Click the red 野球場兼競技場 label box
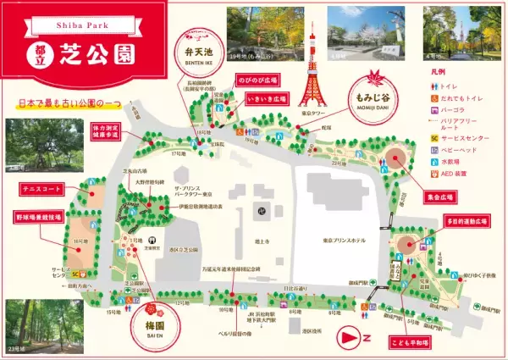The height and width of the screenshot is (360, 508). (x=37, y=217)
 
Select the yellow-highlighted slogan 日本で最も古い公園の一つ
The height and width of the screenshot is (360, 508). (x=69, y=102)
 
